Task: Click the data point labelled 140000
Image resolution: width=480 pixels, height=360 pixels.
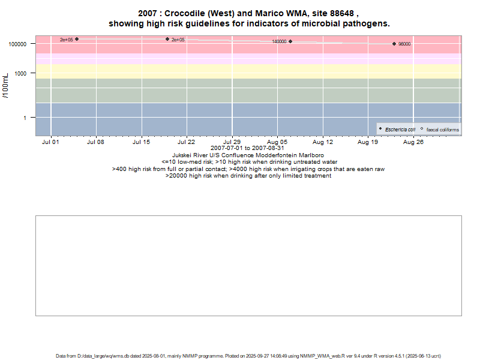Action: point(290,41)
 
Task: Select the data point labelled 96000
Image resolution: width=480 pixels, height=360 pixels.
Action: point(394,44)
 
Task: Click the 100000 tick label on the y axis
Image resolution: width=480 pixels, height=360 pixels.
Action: point(20,44)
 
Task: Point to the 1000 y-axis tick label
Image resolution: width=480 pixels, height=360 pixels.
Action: point(25,73)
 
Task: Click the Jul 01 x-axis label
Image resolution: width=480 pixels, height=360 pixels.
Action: point(51,142)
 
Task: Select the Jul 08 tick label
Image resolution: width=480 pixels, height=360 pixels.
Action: point(95,142)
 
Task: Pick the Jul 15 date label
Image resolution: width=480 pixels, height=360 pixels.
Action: point(141,142)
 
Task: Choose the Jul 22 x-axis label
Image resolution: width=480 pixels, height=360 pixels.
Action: point(187,142)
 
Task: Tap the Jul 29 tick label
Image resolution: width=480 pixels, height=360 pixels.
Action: point(232,142)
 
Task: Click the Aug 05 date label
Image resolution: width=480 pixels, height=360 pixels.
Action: point(277,142)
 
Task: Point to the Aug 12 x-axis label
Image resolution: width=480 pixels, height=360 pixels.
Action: point(323,142)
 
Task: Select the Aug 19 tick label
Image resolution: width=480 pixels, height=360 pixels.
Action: point(368,142)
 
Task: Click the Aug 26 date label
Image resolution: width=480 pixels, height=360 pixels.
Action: point(413,142)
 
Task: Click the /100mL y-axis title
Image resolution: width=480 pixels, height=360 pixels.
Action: point(5,88)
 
